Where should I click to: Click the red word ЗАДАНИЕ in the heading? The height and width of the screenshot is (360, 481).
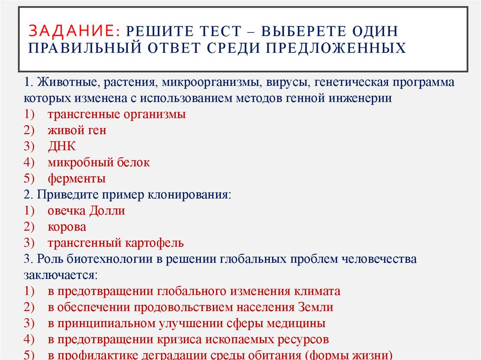pyautogui.click(x=73, y=31)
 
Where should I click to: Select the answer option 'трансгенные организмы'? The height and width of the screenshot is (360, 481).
pyautogui.click(x=116, y=115)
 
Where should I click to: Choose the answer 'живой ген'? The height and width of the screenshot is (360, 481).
pyautogui.click(x=77, y=130)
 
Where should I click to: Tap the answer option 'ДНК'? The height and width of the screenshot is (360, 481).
pyautogui.click(x=61, y=146)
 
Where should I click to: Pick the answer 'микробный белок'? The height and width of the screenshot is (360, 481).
pyautogui.click(x=99, y=162)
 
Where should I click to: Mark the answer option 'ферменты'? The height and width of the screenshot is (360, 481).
pyautogui.click(x=77, y=178)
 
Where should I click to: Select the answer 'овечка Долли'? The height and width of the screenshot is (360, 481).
pyautogui.click(x=86, y=211)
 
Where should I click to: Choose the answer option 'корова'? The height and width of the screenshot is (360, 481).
pyautogui.click(x=67, y=227)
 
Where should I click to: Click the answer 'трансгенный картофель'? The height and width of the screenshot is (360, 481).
pyautogui.click(x=115, y=243)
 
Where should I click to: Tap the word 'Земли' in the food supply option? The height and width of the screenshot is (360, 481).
pyautogui.click(x=316, y=307)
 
